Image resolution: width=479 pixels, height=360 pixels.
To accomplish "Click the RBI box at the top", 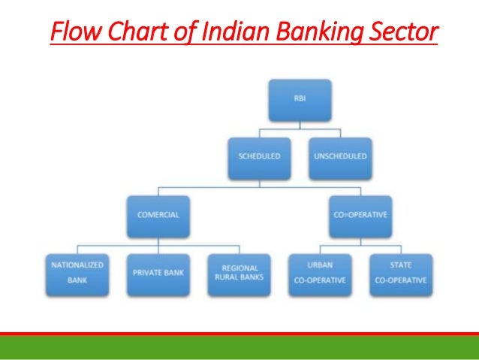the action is point(300,102).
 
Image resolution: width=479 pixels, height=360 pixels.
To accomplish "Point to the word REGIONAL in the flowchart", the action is point(240,268).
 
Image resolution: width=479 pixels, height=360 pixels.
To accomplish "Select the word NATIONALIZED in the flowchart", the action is point(77,265).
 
